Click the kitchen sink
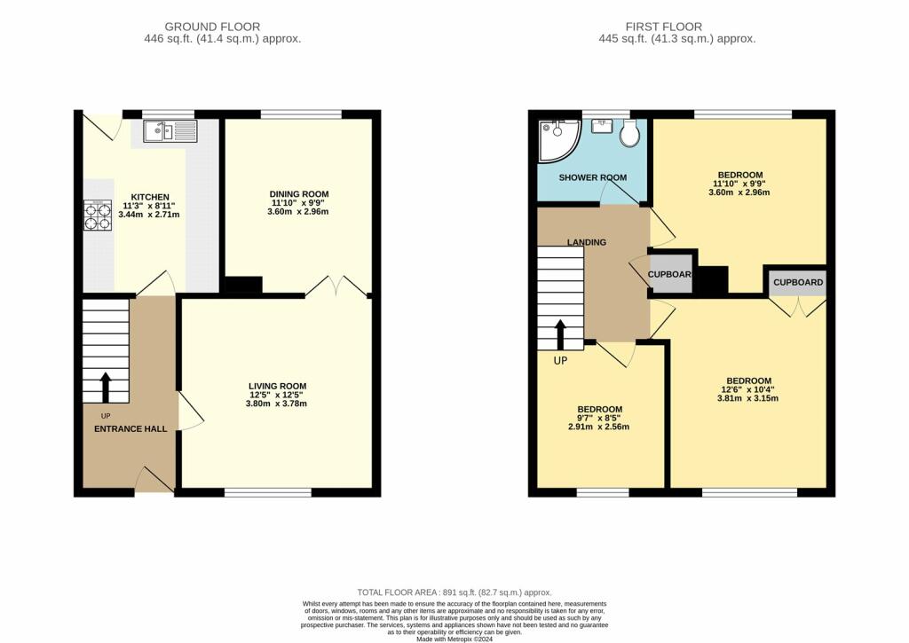(170, 131)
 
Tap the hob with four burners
(98, 215)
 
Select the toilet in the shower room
(629, 133)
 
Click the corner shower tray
(559, 141)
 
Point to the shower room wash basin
(603, 125)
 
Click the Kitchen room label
(149, 197)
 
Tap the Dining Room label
(299, 194)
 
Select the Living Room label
(278, 386)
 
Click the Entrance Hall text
(130, 428)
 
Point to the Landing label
(587, 242)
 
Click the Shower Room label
(592, 177)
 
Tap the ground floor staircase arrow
(106, 388)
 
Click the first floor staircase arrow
(561, 335)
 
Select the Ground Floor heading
(212, 27)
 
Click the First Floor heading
(664, 27)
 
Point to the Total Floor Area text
(454, 592)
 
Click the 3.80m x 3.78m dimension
(277, 404)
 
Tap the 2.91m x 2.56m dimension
(599, 427)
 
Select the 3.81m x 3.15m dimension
(747, 398)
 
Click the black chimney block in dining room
(243, 285)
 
